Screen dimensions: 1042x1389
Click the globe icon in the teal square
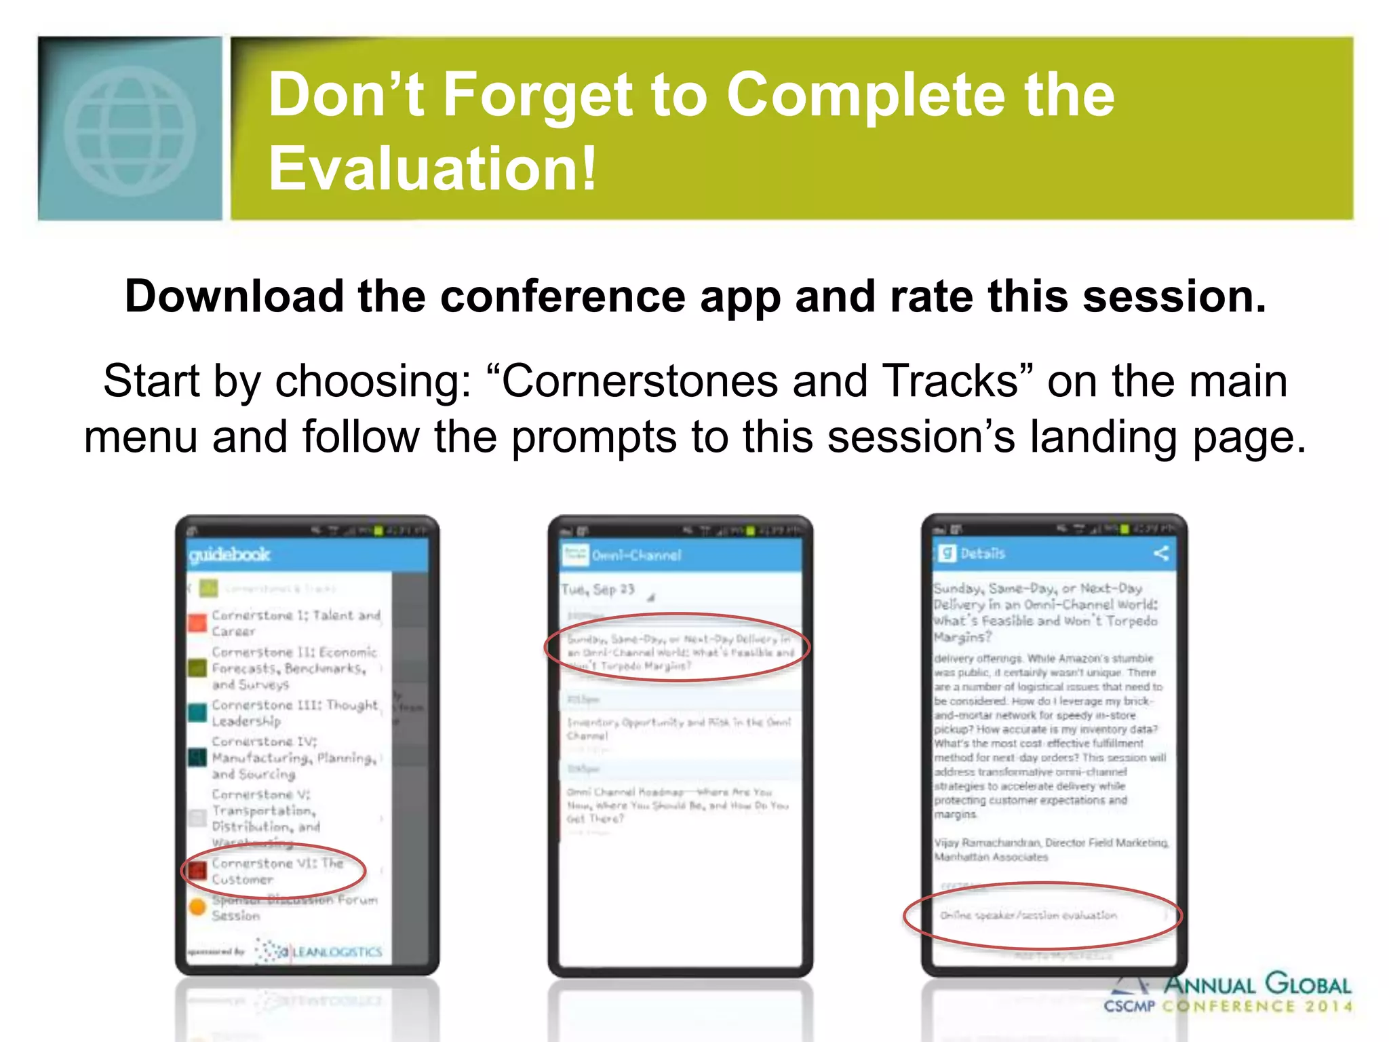tap(130, 130)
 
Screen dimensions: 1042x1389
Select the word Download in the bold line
tap(234, 296)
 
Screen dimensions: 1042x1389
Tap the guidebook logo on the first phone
tap(229, 555)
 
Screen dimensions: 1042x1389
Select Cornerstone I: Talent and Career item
tap(295, 623)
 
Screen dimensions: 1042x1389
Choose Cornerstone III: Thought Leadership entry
tap(294, 712)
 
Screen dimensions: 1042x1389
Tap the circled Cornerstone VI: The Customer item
tap(277, 871)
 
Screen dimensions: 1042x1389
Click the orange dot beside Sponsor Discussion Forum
tap(197, 907)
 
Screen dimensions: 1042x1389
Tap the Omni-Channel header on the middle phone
tap(635, 556)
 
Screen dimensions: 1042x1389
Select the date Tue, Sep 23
tap(598, 590)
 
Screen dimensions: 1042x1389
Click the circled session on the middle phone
tap(679, 651)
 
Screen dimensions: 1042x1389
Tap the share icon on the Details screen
tap(1160, 553)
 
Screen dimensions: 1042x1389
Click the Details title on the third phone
tap(982, 554)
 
